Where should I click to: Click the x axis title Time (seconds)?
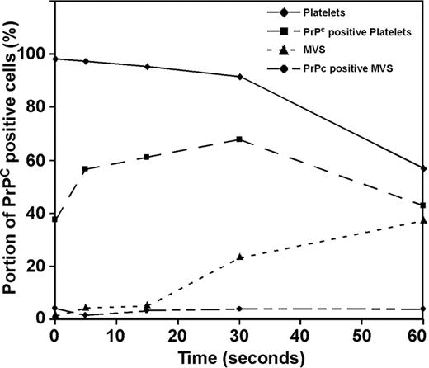click(x=238, y=356)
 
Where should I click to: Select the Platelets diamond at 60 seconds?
click(x=423, y=168)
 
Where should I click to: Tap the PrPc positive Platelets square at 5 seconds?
click(x=85, y=169)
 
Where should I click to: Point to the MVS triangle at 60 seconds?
click(x=423, y=220)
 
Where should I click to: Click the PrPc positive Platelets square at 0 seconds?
click(x=54, y=219)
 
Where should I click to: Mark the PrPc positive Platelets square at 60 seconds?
click(x=423, y=205)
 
